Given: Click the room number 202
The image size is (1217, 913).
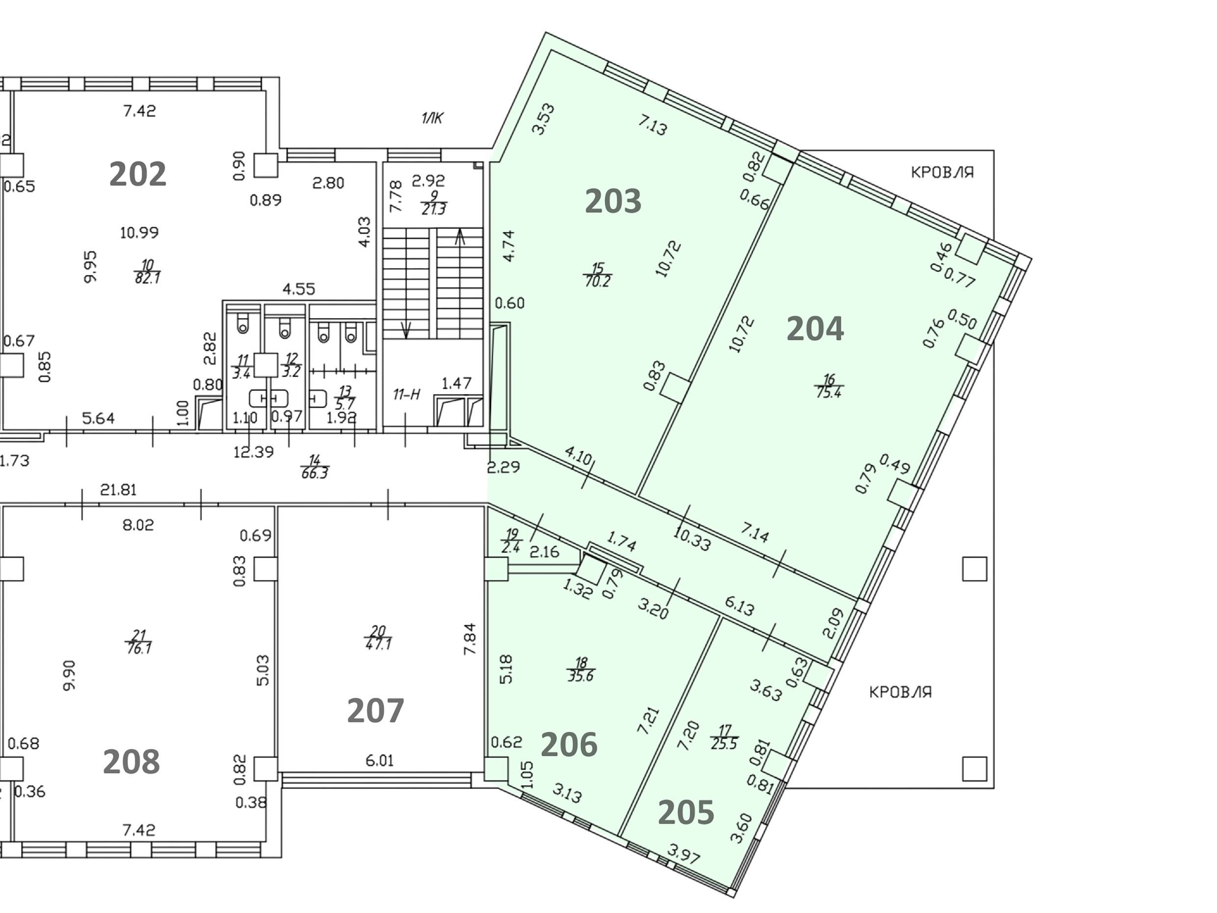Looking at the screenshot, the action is pyautogui.click(x=137, y=174).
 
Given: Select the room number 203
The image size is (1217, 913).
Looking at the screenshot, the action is pyautogui.click(x=613, y=201).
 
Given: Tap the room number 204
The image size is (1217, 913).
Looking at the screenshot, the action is pyautogui.click(x=815, y=328).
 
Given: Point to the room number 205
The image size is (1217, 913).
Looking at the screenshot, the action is pyautogui.click(x=686, y=812).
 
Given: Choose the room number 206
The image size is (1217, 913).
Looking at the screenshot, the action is pyautogui.click(x=569, y=745).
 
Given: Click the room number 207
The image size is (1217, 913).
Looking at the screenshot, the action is pyautogui.click(x=375, y=710).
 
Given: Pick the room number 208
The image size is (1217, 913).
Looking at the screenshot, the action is pyautogui.click(x=131, y=762).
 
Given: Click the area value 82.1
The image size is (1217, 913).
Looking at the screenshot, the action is pyautogui.click(x=147, y=278).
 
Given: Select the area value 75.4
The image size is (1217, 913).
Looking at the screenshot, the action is pyautogui.click(x=828, y=392).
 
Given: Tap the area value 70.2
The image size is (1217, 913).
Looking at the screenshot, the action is pyautogui.click(x=598, y=281).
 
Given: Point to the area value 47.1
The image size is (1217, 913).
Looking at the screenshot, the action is pyautogui.click(x=378, y=644).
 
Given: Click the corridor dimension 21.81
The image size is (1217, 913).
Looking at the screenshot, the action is pyautogui.click(x=118, y=489).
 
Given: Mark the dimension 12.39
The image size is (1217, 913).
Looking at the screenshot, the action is pyautogui.click(x=253, y=452).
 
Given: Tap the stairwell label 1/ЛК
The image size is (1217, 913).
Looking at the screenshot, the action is pyautogui.click(x=432, y=118).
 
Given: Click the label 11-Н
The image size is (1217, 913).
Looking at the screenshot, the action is pyautogui.click(x=407, y=394).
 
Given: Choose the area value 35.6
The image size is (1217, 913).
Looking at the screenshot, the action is pyautogui.click(x=581, y=676).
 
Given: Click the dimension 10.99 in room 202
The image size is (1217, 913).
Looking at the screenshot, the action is pyautogui.click(x=139, y=232).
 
